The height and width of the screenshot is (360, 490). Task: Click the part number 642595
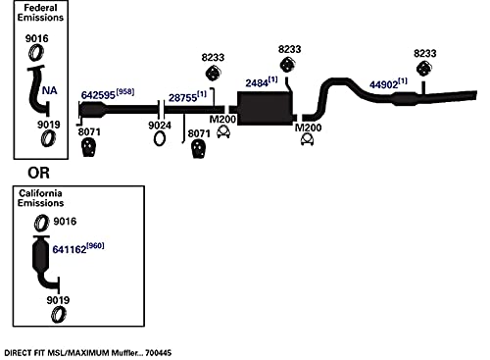point(98,95)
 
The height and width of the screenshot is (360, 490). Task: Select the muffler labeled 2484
point(265,108)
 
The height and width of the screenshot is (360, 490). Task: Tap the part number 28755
point(182,97)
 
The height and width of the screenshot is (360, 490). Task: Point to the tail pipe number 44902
point(384,84)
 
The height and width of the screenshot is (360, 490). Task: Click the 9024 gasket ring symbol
point(160,138)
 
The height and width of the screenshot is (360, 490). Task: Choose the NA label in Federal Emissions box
point(49,90)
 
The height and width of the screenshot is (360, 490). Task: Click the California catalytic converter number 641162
point(70,249)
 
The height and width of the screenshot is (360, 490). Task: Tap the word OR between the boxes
point(38,173)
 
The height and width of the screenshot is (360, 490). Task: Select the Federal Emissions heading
point(40,13)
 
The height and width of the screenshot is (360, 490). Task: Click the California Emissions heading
point(40,198)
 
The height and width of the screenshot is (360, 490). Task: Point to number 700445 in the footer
point(158,353)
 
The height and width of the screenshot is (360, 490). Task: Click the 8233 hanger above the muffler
point(286,65)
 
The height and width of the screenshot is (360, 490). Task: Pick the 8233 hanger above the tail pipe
point(423,69)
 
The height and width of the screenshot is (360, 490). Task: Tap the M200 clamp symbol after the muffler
point(307,139)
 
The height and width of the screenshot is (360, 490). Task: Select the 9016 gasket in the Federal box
point(35,53)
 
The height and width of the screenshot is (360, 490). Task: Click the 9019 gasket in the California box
point(59,315)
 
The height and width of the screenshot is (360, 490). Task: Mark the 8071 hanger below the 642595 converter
point(88,147)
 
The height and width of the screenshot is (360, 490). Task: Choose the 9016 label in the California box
point(65,222)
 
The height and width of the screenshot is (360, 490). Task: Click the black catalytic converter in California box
point(42,254)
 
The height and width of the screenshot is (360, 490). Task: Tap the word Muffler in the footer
point(126,353)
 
